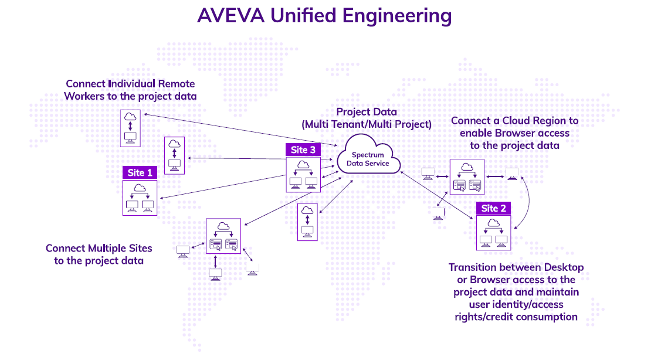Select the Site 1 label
click(140, 173)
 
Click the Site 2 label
click(493, 209)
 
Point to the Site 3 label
click(303, 150)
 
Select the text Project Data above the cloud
click(367, 112)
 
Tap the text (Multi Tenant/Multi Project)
click(367, 124)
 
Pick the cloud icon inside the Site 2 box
click(493, 223)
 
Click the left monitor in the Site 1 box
click(131, 206)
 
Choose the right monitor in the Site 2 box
click(501, 240)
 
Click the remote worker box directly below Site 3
click(307, 222)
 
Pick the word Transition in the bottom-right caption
click(474, 267)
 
